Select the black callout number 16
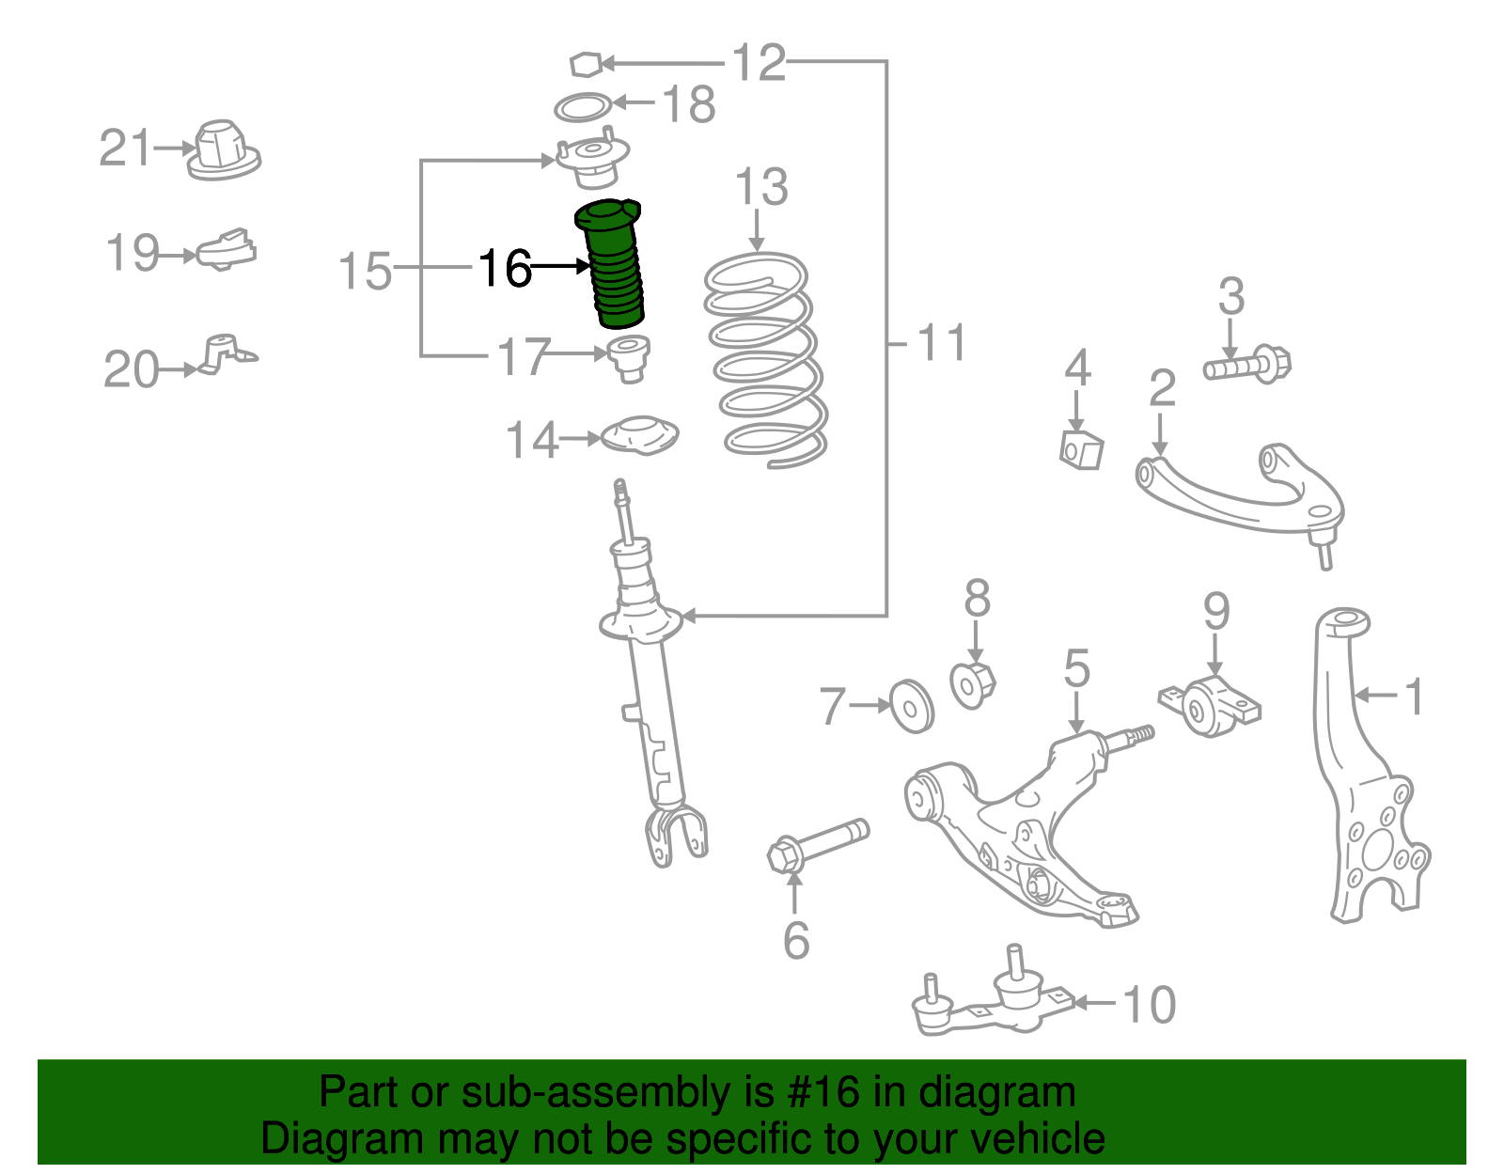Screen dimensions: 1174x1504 click(x=505, y=269)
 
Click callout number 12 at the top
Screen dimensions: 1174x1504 click(x=758, y=63)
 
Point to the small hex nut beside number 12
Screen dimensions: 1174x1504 click(x=585, y=64)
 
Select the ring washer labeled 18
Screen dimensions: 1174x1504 click(x=583, y=107)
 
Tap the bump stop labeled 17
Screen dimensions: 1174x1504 click(x=629, y=359)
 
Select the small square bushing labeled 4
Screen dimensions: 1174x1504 click(x=1080, y=449)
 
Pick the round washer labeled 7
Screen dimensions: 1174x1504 click(x=911, y=705)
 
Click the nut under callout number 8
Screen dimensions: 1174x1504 click(x=972, y=683)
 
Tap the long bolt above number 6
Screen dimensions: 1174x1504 click(x=817, y=844)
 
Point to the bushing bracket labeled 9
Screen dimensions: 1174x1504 click(x=1210, y=706)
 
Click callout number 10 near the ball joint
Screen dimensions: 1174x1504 click(x=1149, y=1005)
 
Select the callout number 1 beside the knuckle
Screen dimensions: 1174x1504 click(x=1413, y=697)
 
